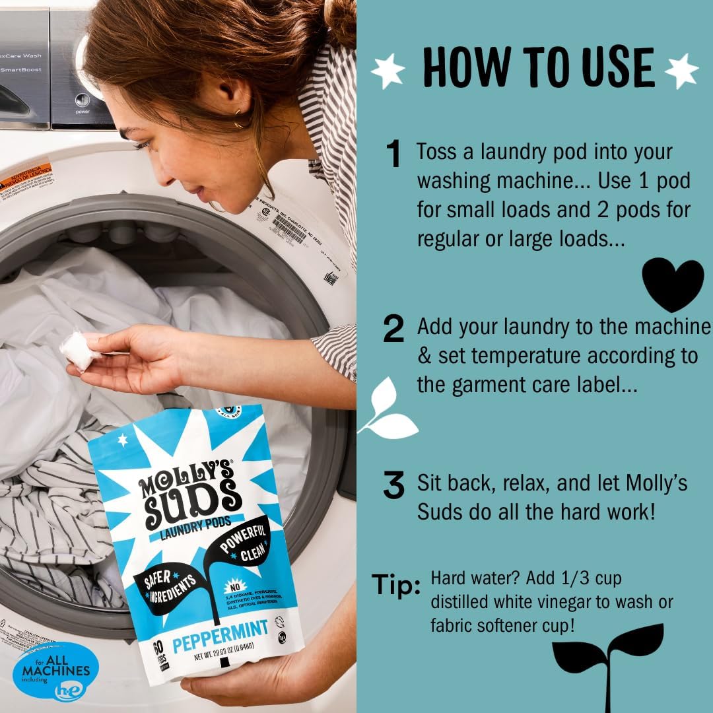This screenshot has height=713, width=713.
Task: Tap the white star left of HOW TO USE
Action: [x=388, y=71]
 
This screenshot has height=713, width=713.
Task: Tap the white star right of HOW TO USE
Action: [x=681, y=71]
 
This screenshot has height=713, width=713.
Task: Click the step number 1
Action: [x=394, y=155]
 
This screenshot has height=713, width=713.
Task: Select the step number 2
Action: [x=393, y=329]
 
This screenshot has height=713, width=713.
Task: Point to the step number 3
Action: [x=393, y=486]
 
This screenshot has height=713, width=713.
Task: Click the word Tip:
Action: [x=396, y=585]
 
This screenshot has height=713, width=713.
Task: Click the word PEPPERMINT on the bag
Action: [x=221, y=627]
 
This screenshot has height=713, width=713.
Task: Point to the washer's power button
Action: [x=83, y=101]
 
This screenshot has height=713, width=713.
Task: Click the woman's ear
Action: [x=225, y=98]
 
